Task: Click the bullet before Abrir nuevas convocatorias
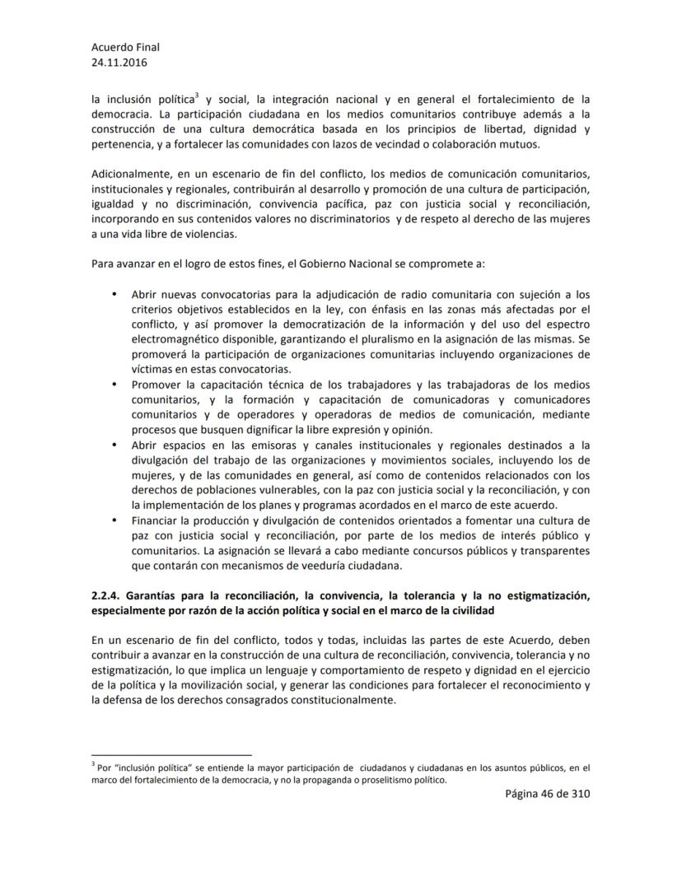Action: pyautogui.click(x=112, y=294)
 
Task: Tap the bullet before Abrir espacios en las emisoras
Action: pyautogui.click(x=112, y=446)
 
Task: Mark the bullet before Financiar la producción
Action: pyautogui.click(x=112, y=520)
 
